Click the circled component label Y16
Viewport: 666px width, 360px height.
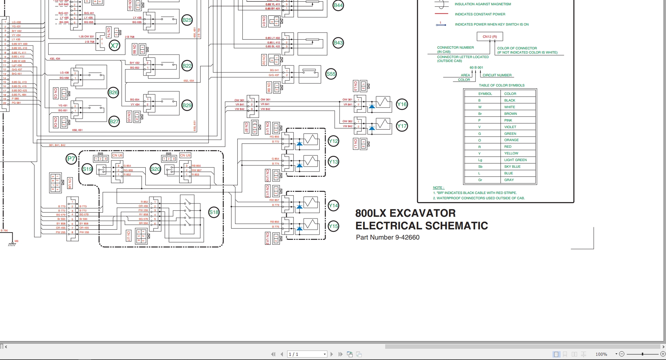[x=402, y=104]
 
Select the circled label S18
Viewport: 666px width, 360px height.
[x=214, y=212]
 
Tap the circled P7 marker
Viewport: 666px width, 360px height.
[x=71, y=159]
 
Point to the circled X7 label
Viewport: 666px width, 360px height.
[x=115, y=46]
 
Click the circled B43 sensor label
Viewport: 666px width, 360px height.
[x=338, y=43]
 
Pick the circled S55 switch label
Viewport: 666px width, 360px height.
[x=331, y=74]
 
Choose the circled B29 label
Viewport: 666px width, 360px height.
[x=187, y=105]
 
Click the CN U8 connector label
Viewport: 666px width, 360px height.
[x=117, y=155]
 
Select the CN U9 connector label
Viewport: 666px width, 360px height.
[x=185, y=155]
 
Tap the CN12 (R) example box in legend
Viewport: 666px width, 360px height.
[x=490, y=37]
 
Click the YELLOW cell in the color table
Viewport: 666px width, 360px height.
[x=511, y=153]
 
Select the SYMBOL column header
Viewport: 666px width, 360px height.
[x=485, y=94]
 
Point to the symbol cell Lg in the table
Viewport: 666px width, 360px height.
[x=480, y=160]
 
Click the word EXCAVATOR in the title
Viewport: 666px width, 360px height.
[x=423, y=213]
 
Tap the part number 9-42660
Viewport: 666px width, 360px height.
[x=407, y=237]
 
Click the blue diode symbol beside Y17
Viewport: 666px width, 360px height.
[x=372, y=129]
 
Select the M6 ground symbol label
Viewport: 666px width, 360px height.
[x=16, y=241]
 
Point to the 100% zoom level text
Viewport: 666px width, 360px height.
[x=601, y=354]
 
